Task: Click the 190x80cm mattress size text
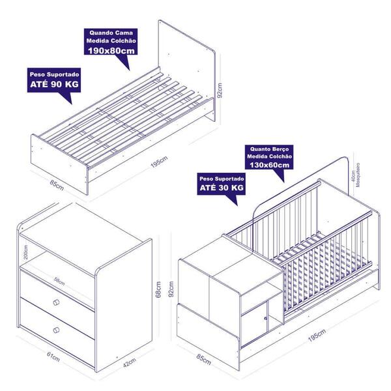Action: (111, 51)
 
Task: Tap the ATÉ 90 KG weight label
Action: (54, 84)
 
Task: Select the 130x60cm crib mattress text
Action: (270, 165)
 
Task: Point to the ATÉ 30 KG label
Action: (222, 188)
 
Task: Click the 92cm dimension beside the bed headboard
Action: (220, 91)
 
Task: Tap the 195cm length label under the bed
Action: (160, 162)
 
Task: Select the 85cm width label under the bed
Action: (57, 185)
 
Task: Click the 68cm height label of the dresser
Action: (158, 289)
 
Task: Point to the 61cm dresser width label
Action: (53, 356)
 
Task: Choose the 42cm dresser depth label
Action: (130, 362)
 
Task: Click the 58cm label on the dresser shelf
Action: (59, 282)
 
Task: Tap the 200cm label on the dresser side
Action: (26, 252)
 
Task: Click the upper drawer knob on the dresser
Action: (56, 302)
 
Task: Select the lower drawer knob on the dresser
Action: (56, 330)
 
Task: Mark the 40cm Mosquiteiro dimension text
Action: (356, 175)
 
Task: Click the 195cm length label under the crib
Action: (317, 336)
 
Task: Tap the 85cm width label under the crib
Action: (204, 359)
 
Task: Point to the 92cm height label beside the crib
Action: (171, 289)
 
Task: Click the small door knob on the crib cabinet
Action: (265, 318)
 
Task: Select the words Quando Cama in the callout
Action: (111, 33)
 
